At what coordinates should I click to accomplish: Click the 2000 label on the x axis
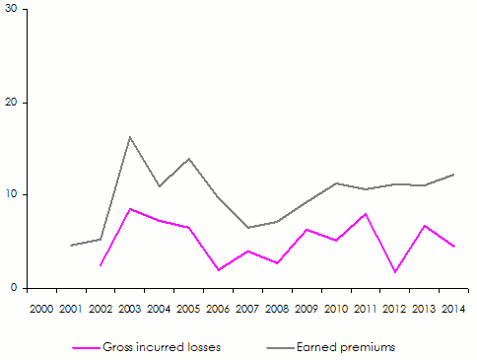tap(41, 310)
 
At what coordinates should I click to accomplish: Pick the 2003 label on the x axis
tap(130, 310)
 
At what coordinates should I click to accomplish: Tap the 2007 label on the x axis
tap(247, 310)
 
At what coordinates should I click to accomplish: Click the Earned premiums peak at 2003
tap(130, 137)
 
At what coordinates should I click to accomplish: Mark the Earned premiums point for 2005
tap(188, 159)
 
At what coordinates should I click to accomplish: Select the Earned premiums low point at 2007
tap(247, 228)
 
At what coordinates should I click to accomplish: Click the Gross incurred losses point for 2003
tap(130, 209)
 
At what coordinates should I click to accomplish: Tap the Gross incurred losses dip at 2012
tap(395, 272)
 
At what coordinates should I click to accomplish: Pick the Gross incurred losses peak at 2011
tap(366, 214)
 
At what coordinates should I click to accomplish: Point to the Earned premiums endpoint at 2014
tap(453, 175)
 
